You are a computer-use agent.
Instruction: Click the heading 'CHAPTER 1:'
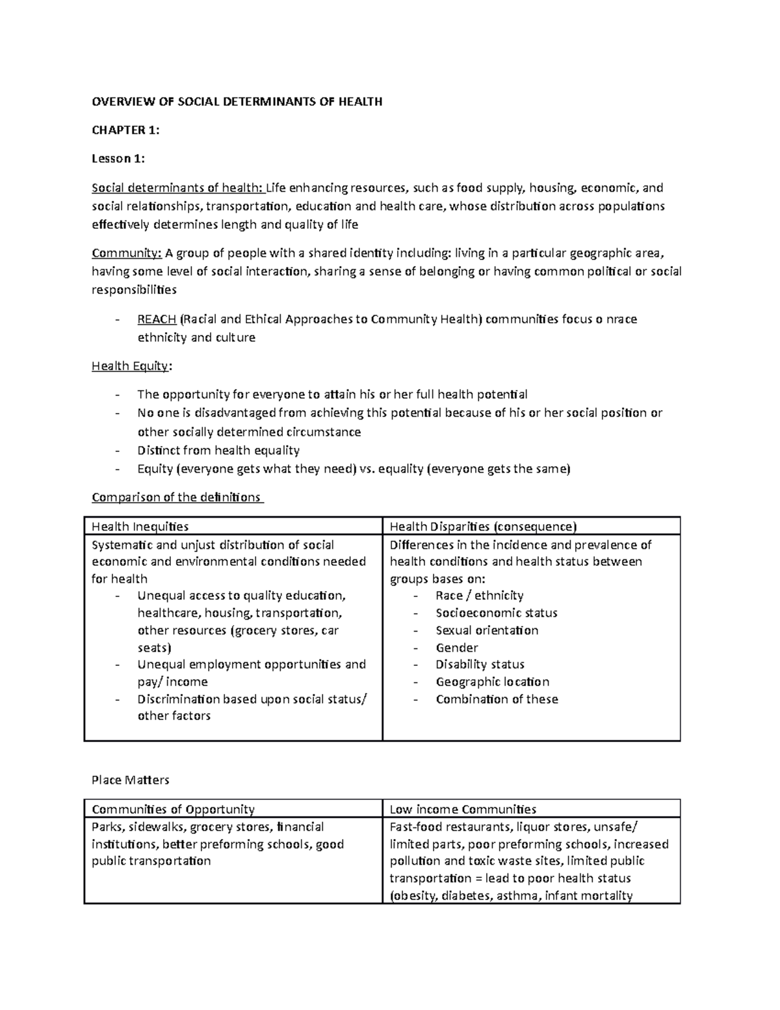pyautogui.click(x=125, y=130)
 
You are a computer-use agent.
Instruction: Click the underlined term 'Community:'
pyautogui.click(x=126, y=253)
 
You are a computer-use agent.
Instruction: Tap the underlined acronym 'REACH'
pyautogui.click(x=157, y=319)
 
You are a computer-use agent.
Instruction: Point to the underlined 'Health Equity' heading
pyautogui.click(x=131, y=366)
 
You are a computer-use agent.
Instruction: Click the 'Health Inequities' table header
pyautogui.click(x=140, y=527)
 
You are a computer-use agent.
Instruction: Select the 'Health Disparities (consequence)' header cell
pyautogui.click(x=482, y=527)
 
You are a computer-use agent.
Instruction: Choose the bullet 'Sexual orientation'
pyautogui.click(x=487, y=630)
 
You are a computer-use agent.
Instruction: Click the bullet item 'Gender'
pyautogui.click(x=457, y=648)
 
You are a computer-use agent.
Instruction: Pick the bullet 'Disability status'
pyautogui.click(x=480, y=665)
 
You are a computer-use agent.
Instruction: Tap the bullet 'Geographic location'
pyautogui.click(x=492, y=682)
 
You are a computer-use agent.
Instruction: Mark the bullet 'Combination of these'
pyautogui.click(x=497, y=699)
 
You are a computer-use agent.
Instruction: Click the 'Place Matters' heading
pyautogui.click(x=131, y=780)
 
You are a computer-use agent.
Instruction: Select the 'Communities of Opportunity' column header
pyautogui.click(x=173, y=810)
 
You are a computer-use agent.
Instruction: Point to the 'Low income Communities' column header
pyautogui.click(x=463, y=810)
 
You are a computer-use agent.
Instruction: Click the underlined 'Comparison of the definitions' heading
pyautogui.click(x=176, y=498)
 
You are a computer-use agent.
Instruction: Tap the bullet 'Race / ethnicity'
pyautogui.click(x=479, y=596)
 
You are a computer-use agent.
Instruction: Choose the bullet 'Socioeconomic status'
pyautogui.click(x=497, y=613)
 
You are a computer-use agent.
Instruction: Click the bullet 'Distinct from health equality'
pyautogui.click(x=218, y=451)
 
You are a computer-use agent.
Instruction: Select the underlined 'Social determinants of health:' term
pyautogui.click(x=177, y=189)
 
